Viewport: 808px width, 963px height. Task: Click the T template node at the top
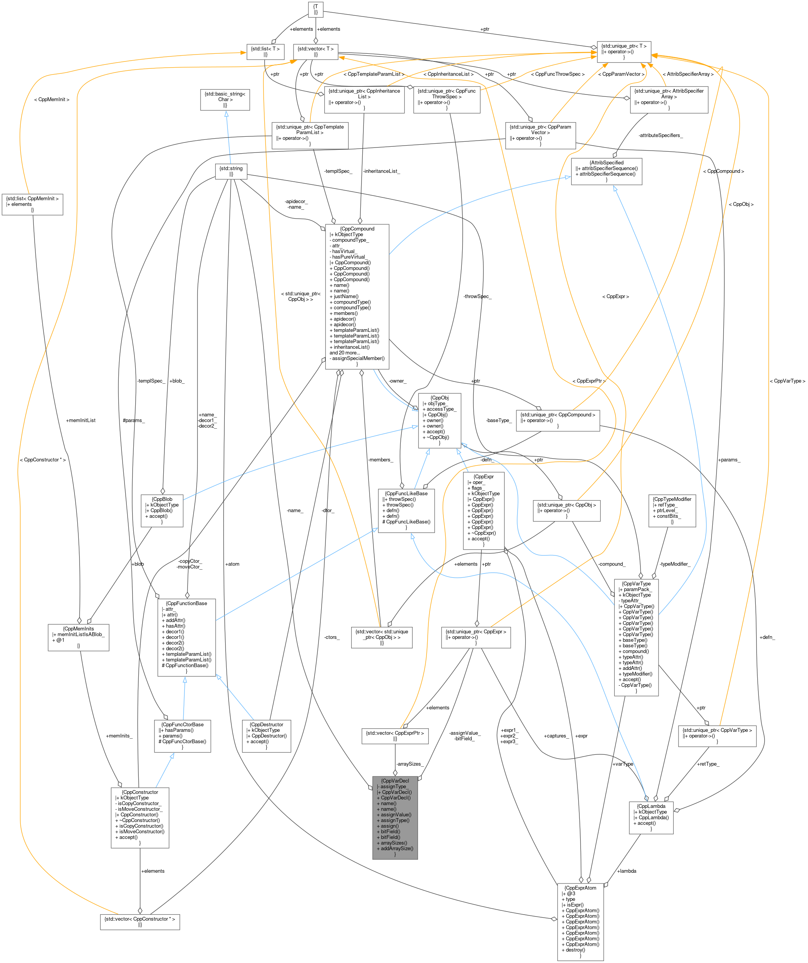pyautogui.click(x=315, y=10)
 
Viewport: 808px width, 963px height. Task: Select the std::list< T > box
pyautogui.click(x=265, y=51)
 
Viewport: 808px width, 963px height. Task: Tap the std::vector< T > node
pyautogui.click(x=315, y=51)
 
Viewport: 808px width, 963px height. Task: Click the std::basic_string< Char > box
pyautogui.click(x=225, y=99)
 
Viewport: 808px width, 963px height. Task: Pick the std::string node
pyautogui.click(x=231, y=171)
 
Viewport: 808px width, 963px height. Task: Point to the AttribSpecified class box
pyautogui.click(x=606, y=171)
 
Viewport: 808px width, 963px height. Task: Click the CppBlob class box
pyautogui.click(x=162, y=510)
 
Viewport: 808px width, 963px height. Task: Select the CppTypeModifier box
pyautogui.click(x=672, y=510)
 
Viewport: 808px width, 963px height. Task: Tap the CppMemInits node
pyautogui.click(x=78, y=637)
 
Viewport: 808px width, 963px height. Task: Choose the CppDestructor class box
pyautogui.click(x=266, y=736)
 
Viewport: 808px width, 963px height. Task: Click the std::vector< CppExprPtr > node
pyautogui.click(x=395, y=736)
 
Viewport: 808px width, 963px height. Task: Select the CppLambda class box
pyautogui.click(x=651, y=817)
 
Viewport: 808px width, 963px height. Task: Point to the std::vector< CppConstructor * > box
pyautogui.click(x=140, y=922)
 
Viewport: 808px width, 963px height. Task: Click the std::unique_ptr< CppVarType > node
pyautogui.click(x=717, y=736)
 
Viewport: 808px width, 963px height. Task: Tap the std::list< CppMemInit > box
pyautogui.click(x=32, y=204)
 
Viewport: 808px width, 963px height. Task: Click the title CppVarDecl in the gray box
pyautogui.click(x=395, y=781)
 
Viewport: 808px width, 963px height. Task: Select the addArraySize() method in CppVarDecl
pyautogui.click(x=397, y=849)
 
